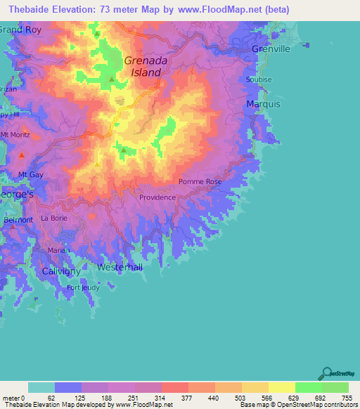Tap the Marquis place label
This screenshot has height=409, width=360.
click(264, 104)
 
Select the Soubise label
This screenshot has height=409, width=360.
click(259, 79)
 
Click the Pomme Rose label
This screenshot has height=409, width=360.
click(200, 181)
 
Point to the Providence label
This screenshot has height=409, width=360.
click(157, 197)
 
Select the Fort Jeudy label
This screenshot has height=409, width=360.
click(83, 287)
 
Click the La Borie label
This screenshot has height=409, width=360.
click(53, 218)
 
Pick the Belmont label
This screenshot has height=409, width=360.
click(18, 220)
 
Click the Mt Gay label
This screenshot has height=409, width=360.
click(32, 174)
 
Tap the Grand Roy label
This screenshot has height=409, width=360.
click(19, 30)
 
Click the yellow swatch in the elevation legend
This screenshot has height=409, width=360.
click(281, 387)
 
